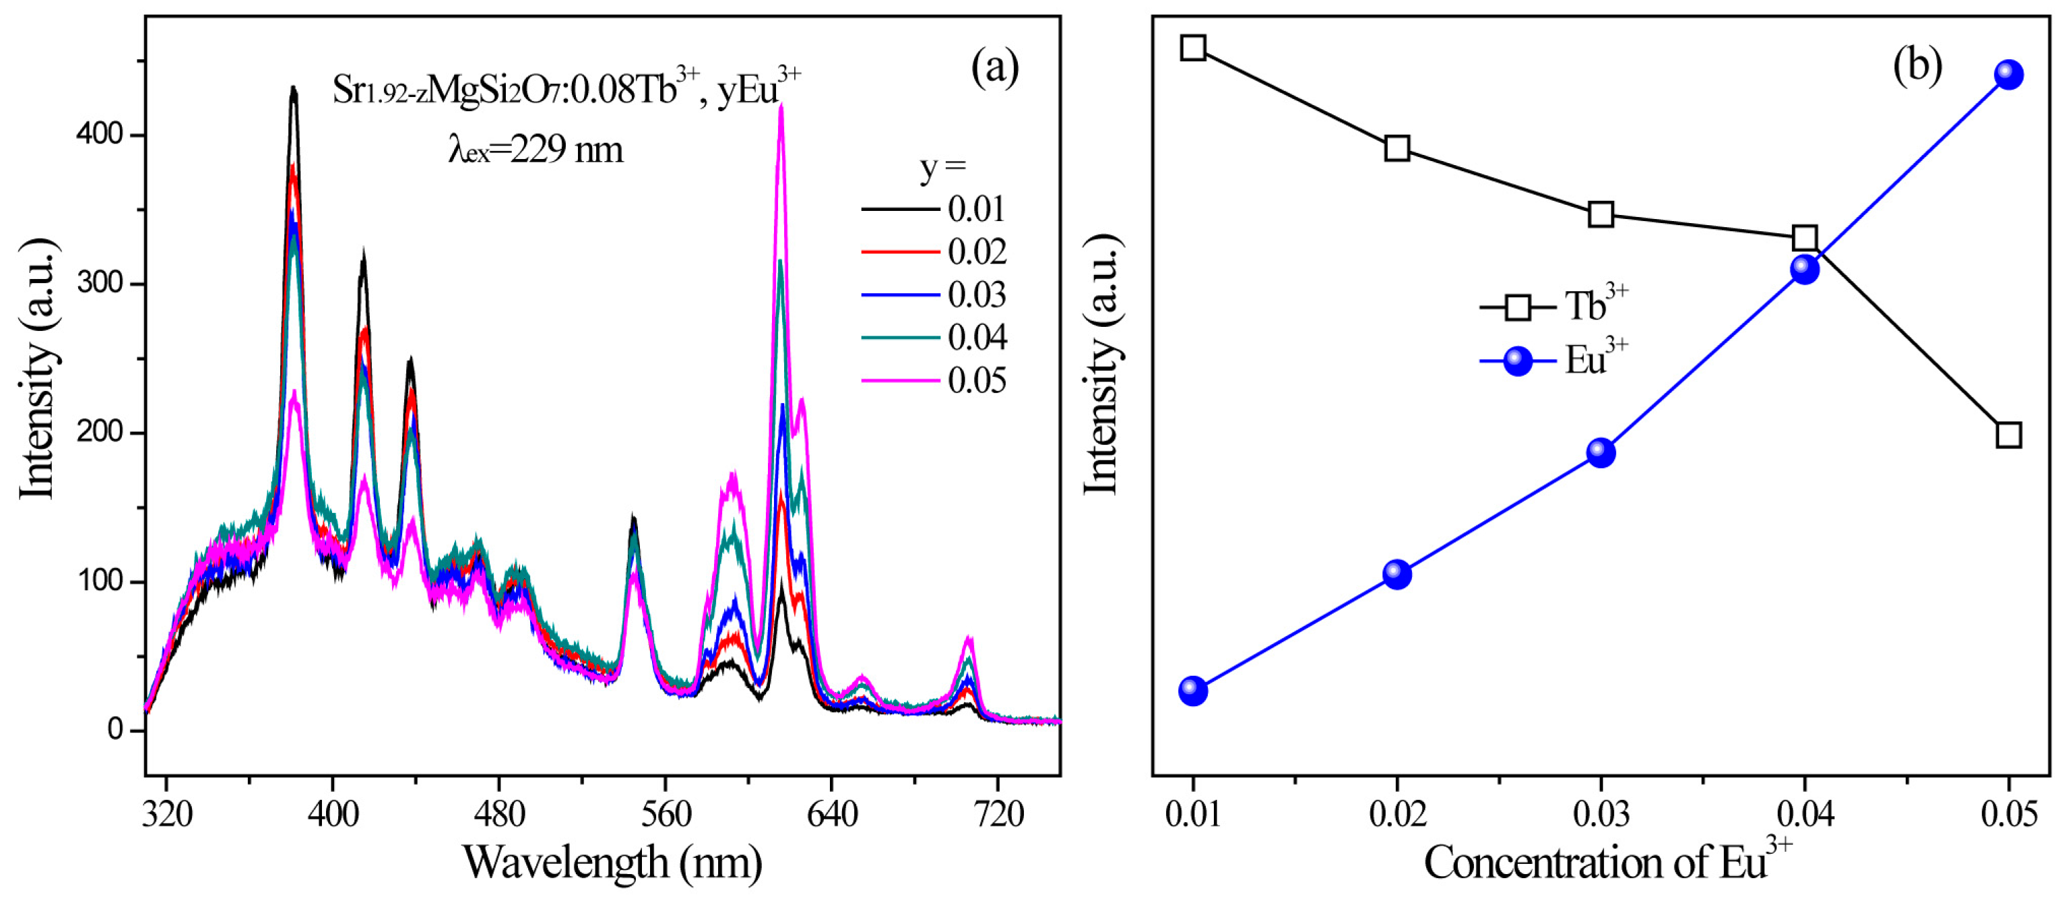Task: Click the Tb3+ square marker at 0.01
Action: pyautogui.click(x=1193, y=48)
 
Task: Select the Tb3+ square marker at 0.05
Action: pyautogui.click(x=2009, y=435)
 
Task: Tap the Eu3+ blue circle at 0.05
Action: pyautogui.click(x=2009, y=75)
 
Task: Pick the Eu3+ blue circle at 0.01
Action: pyautogui.click(x=1193, y=691)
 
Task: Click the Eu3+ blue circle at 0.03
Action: pyautogui.click(x=1601, y=453)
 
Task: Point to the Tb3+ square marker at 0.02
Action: pyautogui.click(x=1397, y=148)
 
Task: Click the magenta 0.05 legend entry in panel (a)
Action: pyautogui.click(x=935, y=381)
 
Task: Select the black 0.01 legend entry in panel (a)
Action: pyautogui.click(x=935, y=210)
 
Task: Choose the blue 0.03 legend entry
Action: pyautogui.click(x=935, y=294)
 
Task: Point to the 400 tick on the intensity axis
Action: pyautogui.click(x=100, y=135)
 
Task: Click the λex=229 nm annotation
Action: pyautogui.click(x=536, y=150)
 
